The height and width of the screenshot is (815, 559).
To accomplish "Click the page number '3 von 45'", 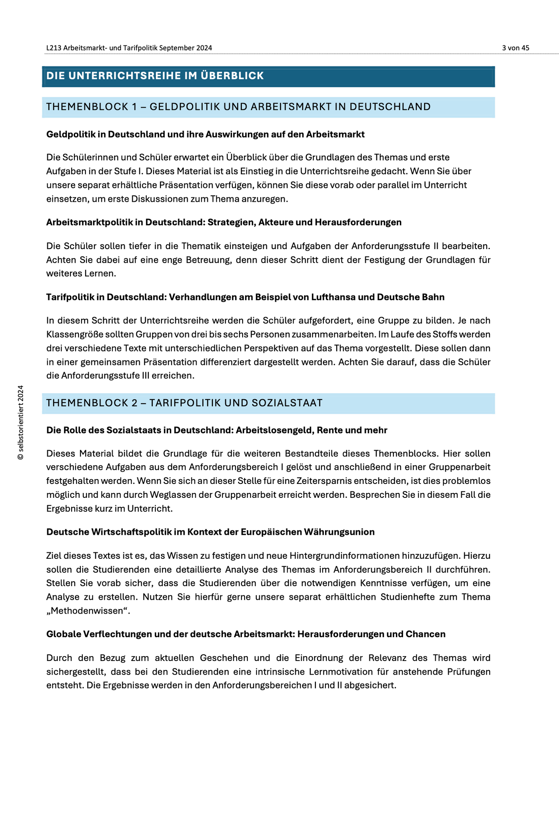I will click(515, 48).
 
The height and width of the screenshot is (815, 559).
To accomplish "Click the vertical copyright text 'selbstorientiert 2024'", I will click(21, 422).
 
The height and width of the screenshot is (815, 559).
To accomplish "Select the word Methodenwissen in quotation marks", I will click(88, 610).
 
